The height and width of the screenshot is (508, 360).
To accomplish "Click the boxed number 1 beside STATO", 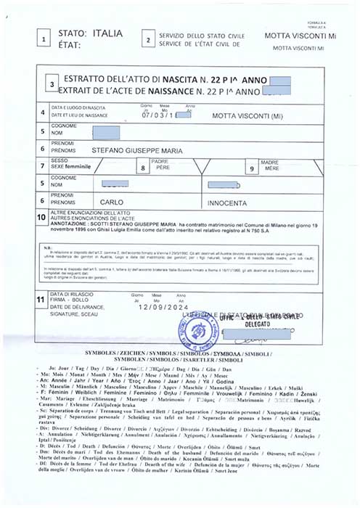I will point(46,40).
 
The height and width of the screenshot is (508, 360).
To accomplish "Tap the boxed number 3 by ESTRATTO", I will point(51,85).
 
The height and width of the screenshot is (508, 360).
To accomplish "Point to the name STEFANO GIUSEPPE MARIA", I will point(142,150).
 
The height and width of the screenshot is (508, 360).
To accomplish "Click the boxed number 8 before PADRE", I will point(143,168).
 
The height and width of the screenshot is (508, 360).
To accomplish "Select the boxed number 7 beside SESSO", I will point(43,167).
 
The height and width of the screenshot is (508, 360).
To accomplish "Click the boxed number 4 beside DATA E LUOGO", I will point(43,113).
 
